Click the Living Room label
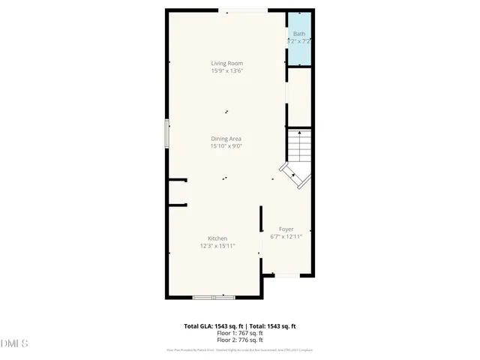pyautogui.click(x=226, y=64)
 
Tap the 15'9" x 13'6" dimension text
pyautogui.click(x=226, y=71)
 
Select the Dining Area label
pyautogui.click(x=226, y=139)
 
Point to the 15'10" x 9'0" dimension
pyautogui.click(x=226, y=146)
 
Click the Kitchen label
pyautogui.click(x=217, y=238)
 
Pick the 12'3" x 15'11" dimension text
pyautogui.click(x=217, y=246)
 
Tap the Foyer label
pyautogui.click(x=286, y=229)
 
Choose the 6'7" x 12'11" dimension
pyautogui.click(x=286, y=236)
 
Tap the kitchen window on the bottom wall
pyautogui.click(x=214, y=298)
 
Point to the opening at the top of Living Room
pyautogui.click(x=241, y=10)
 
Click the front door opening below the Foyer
pyautogui.click(x=286, y=275)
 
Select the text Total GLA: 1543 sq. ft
pyautogui.click(x=212, y=326)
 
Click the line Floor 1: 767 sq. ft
pyautogui.click(x=240, y=333)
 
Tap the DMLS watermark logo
pyautogui.click(x=14, y=343)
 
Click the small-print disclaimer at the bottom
pyautogui.click(x=240, y=350)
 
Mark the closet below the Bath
pyautogui.click(x=299, y=96)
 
